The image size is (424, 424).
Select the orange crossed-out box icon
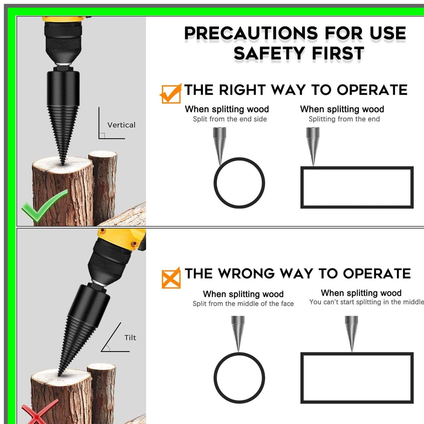(171, 278)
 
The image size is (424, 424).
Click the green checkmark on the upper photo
(44, 205)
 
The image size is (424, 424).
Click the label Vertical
(121, 125)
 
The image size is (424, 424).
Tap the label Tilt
(130, 338)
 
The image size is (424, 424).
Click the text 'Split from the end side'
(230, 119)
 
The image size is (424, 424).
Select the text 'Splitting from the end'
(344, 119)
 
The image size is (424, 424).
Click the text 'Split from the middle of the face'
(243, 304)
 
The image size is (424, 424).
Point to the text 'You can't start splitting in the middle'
(366, 302)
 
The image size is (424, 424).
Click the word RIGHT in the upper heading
(242, 90)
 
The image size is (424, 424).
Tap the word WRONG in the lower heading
(246, 274)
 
